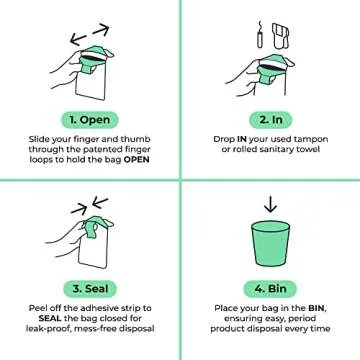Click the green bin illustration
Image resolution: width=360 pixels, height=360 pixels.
[x=270, y=246]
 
